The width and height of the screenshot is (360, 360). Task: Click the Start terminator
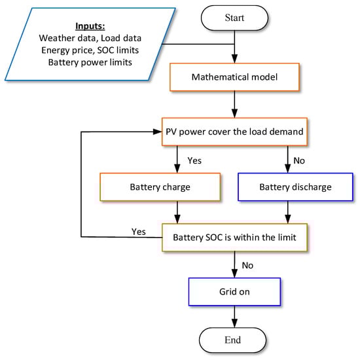234,18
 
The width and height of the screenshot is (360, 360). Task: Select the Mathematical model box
234,77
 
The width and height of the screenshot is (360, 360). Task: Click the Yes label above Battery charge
195,160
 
